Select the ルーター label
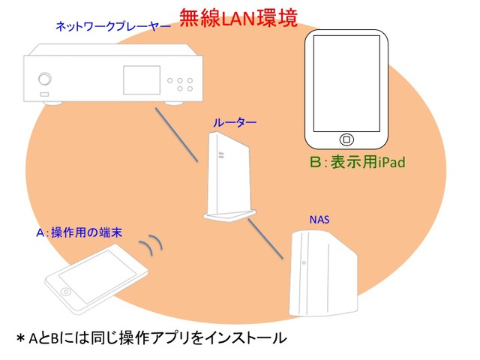(234, 121)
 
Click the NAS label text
(320, 220)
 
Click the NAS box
(321, 273)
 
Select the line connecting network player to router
(176, 135)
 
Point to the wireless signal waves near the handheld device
(153, 244)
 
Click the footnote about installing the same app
(150, 338)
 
